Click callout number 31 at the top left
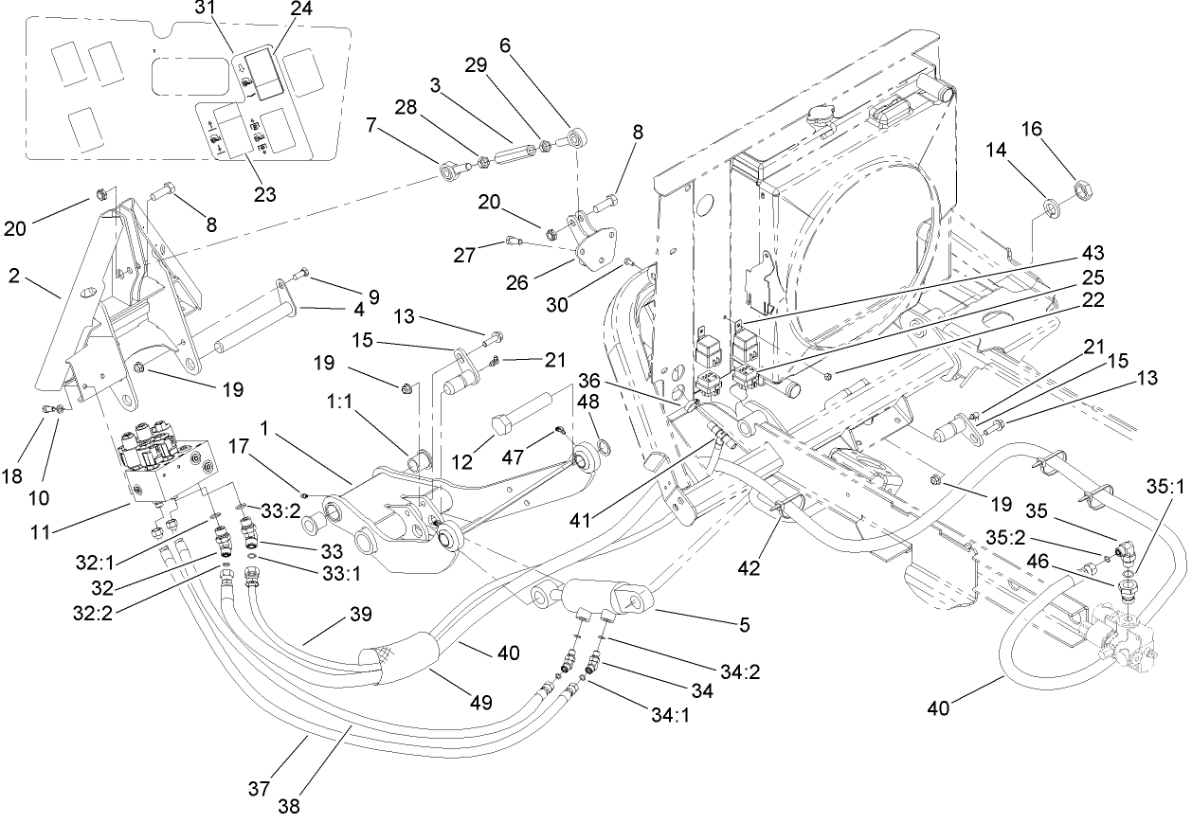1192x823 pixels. pos(206,7)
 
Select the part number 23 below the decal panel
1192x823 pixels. pos(264,194)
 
